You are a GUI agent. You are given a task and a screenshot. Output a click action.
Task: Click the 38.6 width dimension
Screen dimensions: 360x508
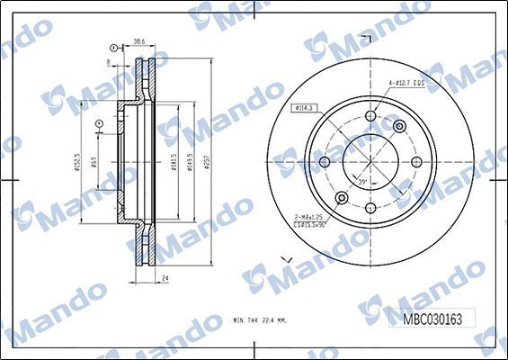click(x=138, y=41)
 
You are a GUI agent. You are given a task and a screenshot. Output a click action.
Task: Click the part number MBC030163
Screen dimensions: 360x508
click(x=432, y=317)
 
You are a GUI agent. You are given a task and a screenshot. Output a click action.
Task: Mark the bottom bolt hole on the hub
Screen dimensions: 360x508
click(x=370, y=207)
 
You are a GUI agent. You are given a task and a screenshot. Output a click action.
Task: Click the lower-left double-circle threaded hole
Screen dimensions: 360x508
click(x=341, y=197)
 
